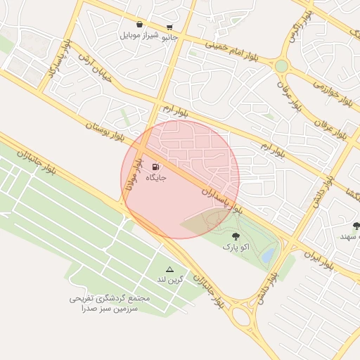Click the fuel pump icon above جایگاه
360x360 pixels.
[x=155, y=167]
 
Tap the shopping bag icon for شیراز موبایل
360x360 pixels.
[x=139, y=25]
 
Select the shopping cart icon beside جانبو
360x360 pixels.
[x=169, y=27]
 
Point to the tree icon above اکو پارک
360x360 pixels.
[x=236, y=236]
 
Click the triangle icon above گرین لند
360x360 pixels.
[x=169, y=269]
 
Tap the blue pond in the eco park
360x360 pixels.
[x=268, y=256]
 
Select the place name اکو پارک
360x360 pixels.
[x=236, y=247]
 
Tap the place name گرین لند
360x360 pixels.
[x=169, y=280]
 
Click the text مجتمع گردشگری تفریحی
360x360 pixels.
[x=110, y=298]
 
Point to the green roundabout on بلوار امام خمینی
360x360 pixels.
[x=281, y=66]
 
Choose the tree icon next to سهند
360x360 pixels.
[x=356, y=226]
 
